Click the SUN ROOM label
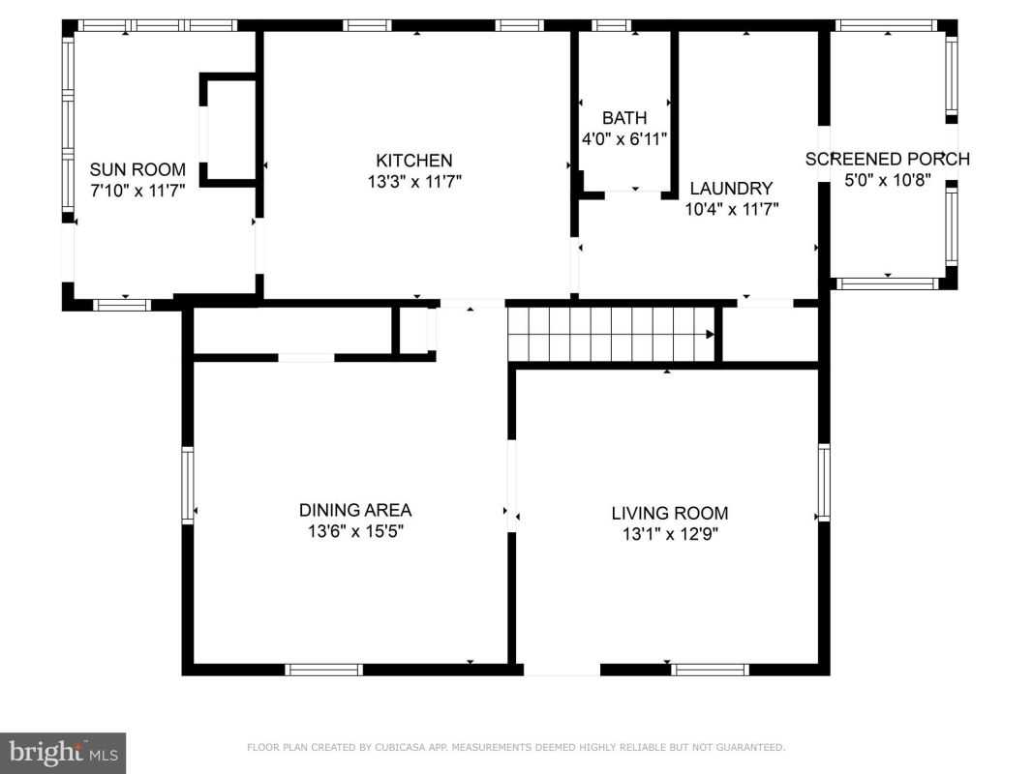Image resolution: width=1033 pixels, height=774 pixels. pos(137,170)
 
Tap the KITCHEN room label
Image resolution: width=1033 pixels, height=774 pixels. pos(413,161)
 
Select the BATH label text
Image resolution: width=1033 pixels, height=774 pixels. pos(623,118)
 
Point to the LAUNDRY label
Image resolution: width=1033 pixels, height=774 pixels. pos(731,189)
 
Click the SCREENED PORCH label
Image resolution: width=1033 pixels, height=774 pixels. pos(888,160)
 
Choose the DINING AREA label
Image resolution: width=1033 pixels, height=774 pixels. pos(355,510)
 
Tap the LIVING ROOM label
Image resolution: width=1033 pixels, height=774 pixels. pos(669,514)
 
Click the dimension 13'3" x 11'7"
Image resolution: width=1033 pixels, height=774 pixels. pos(414,181)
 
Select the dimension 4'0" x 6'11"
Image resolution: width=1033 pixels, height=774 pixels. pos(623,139)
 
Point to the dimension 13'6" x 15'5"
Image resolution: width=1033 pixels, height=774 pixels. pos(355,531)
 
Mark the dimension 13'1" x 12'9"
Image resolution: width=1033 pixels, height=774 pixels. pos(670,534)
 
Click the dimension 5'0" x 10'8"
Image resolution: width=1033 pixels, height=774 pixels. pos(888,180)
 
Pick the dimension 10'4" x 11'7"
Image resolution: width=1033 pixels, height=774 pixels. pos(731,209)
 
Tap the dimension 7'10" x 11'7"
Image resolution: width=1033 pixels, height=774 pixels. pos(137,191)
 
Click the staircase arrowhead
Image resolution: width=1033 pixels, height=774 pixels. pos(711,335)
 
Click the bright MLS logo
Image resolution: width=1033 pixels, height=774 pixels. pos(63,753)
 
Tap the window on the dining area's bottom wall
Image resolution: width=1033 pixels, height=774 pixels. pos(323,670)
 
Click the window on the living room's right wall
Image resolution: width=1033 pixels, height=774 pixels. pos(824,483)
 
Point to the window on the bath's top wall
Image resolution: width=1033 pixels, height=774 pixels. pos(611,26)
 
